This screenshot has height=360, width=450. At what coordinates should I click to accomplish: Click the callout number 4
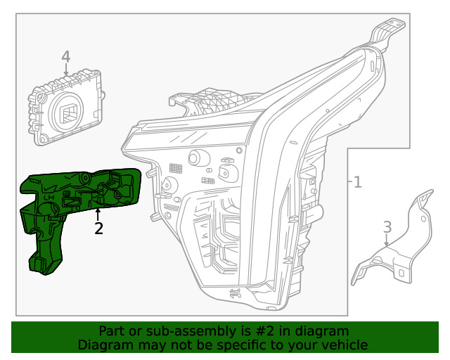[65, 56]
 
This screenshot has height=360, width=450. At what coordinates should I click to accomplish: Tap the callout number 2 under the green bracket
[98, 228]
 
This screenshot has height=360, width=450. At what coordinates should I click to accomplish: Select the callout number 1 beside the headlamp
[358, 183]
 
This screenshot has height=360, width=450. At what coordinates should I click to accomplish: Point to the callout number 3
[387, 227]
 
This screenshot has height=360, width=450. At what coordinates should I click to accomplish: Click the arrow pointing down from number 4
[65, 70]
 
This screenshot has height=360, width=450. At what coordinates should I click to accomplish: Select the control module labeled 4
[67, 105]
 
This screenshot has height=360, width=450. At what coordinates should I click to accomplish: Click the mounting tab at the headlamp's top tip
[387, 29]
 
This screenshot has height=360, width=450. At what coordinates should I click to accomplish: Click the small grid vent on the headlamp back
[176, 168]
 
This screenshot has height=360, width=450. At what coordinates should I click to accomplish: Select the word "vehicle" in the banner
[344, 345]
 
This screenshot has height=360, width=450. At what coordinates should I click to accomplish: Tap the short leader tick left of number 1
[349, 183]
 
